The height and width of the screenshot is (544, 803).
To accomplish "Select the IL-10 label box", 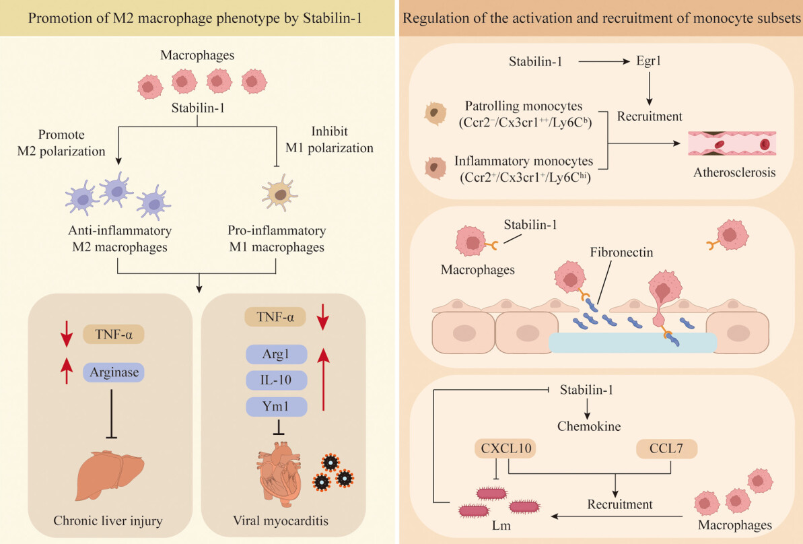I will (x=276, y=380).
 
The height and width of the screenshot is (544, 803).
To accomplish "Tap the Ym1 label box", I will (x=276, y=407).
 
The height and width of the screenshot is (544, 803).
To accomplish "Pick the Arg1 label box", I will (x=276, y=354).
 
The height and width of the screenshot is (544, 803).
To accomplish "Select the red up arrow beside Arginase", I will (x=66, y=371).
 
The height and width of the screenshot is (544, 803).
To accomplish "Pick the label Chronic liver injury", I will (x=108, y=520).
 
